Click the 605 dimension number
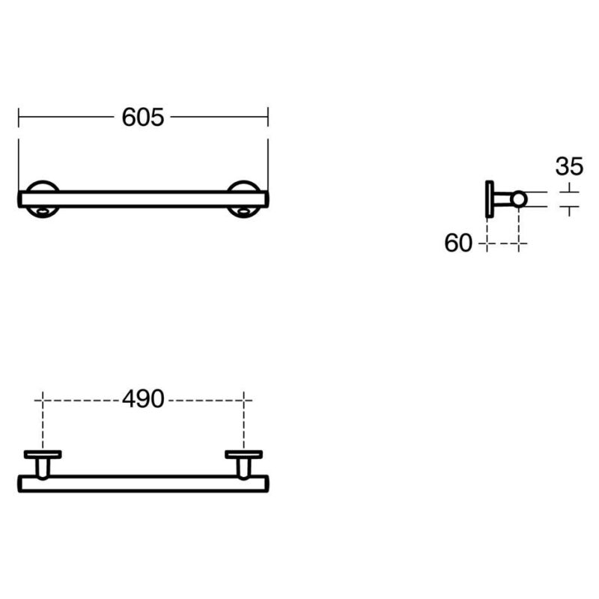pos(143,117)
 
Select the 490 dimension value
pos(143,399)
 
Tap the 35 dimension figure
pos(569,166)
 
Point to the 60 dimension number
pos(458,243)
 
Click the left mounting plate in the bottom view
pos(43,454)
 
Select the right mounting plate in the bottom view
pos(244,454)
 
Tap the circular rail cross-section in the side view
pos(519,199)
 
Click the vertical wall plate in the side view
pos(490,199)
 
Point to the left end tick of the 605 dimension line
pos(18,117)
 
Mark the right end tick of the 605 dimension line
pos(268,117)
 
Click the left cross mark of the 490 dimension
pos(43,401)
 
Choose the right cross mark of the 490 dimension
pos(244,401)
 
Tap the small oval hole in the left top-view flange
pos(43,210)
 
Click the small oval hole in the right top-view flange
pos(243,210)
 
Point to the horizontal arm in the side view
pos(502,199)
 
